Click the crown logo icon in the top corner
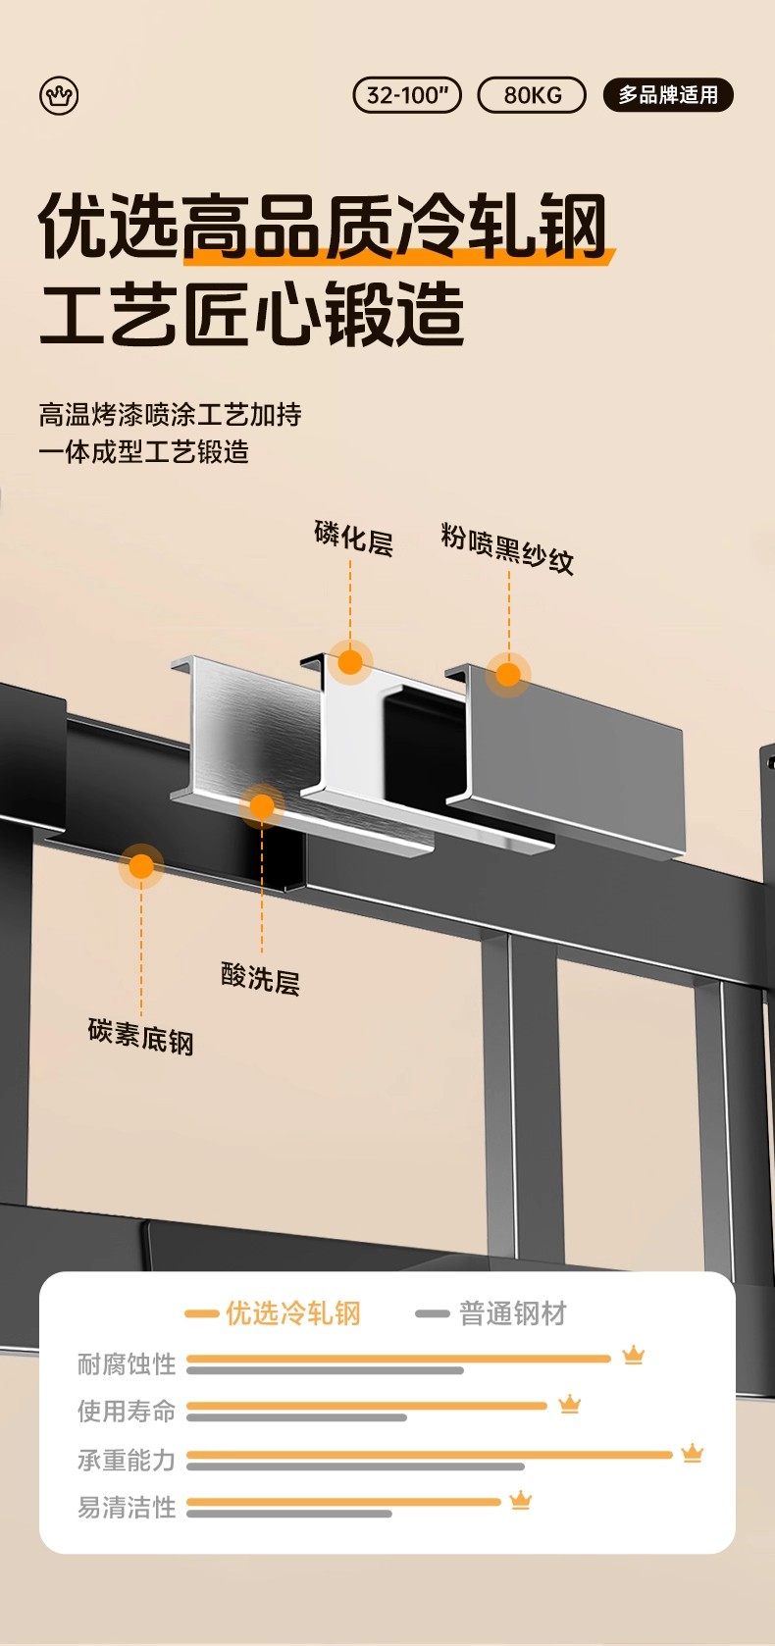59,96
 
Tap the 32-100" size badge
406,95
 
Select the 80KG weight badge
532,95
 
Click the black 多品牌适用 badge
668,95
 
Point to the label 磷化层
353,539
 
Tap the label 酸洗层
260,978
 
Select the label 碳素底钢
140,1036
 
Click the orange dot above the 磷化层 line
350,662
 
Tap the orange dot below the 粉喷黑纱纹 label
508,675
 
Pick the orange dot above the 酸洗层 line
262,806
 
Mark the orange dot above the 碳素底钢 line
141,866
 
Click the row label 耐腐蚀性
127,1363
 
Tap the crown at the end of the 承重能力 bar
693,1453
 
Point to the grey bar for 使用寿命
296,1417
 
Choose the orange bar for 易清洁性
343,1502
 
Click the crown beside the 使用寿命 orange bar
570,1405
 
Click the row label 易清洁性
127,1507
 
